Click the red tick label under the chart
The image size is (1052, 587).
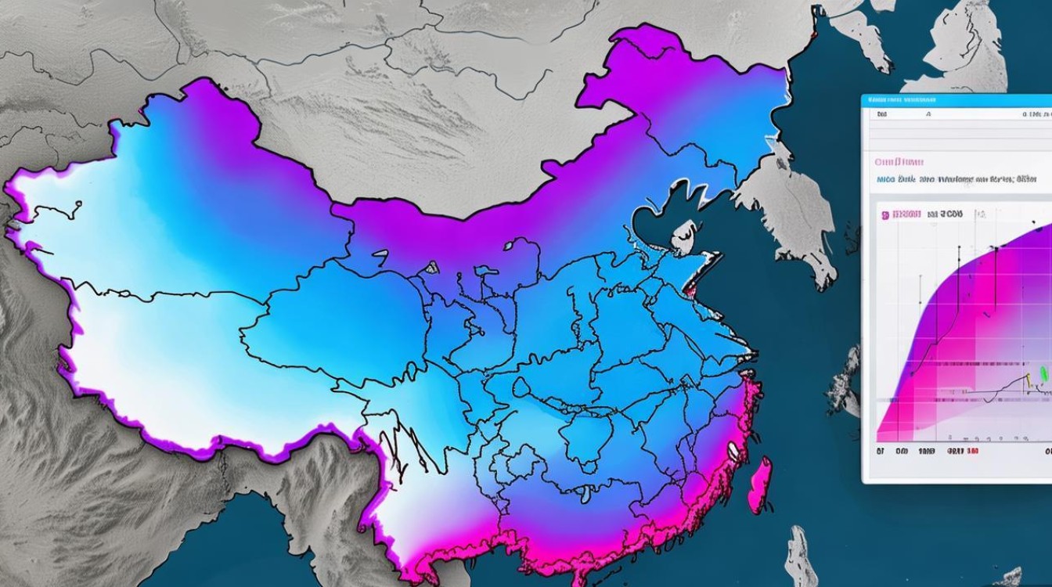[962, 452]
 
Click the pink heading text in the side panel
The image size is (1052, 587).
[899, 162]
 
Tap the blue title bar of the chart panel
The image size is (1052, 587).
[955, 100]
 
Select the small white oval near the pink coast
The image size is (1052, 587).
[733, 449]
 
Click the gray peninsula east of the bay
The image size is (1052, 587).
[791, 211]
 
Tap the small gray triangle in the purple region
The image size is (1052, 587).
[431, 267]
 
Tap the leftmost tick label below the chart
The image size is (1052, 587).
[881, 452]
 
